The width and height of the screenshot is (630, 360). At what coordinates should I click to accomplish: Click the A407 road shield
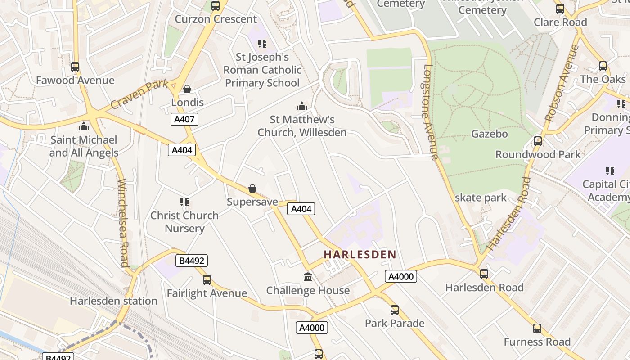coord(184,119)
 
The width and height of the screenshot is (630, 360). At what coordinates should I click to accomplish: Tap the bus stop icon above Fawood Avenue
coord(75,67)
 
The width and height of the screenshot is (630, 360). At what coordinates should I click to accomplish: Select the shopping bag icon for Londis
coord(187,89)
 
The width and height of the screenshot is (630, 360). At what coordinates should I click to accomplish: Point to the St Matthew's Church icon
coord(301,107)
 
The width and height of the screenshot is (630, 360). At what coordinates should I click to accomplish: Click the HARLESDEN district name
coord(360,254)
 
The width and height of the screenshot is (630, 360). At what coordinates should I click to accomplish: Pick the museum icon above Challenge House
coord(308,277)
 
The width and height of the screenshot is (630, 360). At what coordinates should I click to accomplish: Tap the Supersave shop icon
coord(252,189)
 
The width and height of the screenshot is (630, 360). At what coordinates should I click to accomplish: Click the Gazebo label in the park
coord(489,134)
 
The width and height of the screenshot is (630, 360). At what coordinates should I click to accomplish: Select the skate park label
coord(481,198)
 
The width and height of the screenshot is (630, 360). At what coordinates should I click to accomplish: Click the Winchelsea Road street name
coord(123,223)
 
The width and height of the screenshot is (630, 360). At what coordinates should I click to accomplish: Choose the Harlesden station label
coord(113,301)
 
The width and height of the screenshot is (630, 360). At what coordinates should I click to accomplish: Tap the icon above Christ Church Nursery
coord(184,202)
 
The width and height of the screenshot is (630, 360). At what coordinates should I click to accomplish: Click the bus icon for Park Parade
coord(395,310)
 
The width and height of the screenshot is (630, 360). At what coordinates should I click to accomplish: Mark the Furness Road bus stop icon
coord(537,328)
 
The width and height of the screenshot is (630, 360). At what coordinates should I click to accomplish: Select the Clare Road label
coord(560,22)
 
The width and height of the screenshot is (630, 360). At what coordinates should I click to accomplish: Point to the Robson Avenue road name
coord(561,83)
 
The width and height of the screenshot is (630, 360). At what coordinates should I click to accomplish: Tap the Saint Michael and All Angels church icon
coord(83,126)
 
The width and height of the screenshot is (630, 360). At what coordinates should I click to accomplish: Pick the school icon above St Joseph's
coord(262,44)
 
